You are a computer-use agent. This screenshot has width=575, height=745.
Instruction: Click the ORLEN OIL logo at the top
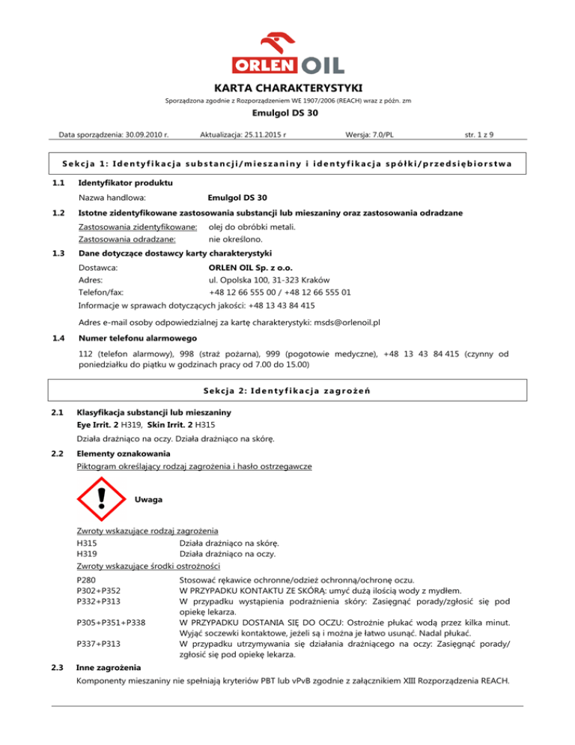[x=287, y=49]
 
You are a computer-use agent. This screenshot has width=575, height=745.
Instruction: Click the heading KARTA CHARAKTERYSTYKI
[x=287, y=87]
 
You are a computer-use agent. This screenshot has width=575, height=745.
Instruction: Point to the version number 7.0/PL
[x=380, y=136]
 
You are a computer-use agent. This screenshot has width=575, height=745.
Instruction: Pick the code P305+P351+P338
[x=111, y=622]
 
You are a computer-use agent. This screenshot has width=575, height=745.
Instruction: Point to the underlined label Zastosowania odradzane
[x=127, y=240]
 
